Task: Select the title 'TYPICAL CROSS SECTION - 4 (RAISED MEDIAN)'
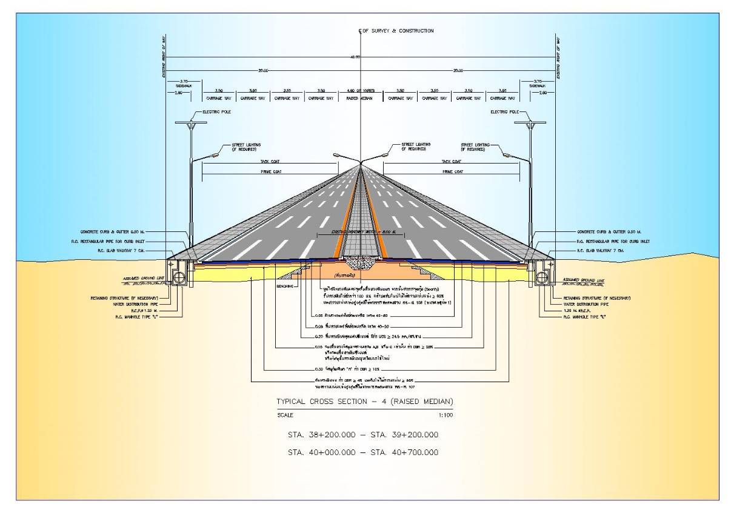pyautogui.click(x=364, y=402)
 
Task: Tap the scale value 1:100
pyautogui.click(x=445, y=415)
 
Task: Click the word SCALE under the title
pyautogui.click(x=284, y=415)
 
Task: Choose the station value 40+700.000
pyautogui.click(x=412, y=452)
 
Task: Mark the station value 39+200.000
pyautogui.click(x=412, y=435)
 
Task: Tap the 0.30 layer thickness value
pyautogui.click(x=319, y=369)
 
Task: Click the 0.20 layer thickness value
pyautogui.click(x=319, y=335)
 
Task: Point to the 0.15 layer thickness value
pyautogui.click(x=319, y=347)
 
